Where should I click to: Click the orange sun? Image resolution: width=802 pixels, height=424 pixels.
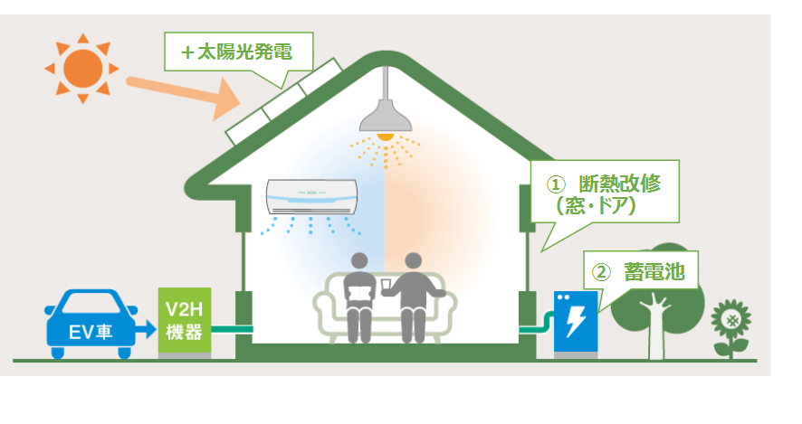pos(82,68)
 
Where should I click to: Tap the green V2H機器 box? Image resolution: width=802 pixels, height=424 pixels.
pos(184,321)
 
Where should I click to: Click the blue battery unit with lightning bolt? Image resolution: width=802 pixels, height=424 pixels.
pos(576,321)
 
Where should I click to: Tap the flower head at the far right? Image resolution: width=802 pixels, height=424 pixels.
pos(730,318)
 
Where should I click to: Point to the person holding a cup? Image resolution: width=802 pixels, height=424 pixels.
pos(413,294)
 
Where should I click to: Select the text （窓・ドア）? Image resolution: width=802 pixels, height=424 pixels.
pos(597,207)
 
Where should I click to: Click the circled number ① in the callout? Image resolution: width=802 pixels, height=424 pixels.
pos(555,184)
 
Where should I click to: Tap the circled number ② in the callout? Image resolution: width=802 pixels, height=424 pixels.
pos(601,271)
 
